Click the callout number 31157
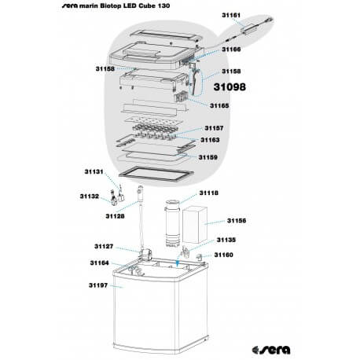[215, 127]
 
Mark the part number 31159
[208, 157]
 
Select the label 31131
[94, 171]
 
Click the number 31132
[88, 197]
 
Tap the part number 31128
[116, 215]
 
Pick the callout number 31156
[237, 222]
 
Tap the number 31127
[105, 246]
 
